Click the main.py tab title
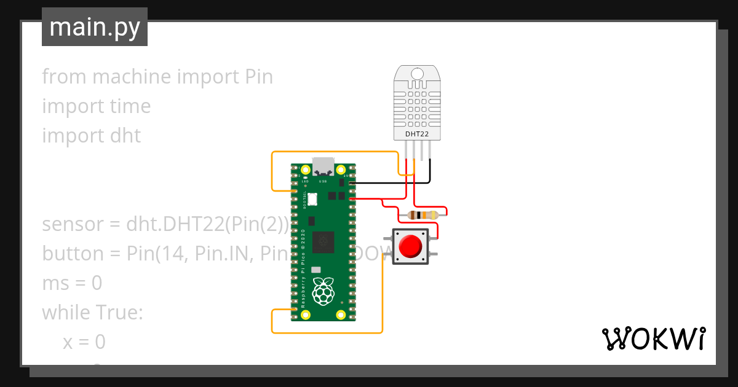tap(94, 27)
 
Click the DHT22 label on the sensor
tap(417, 133)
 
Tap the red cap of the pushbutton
tap(410, 246)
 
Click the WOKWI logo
tap(653, 338)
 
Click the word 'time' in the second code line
tap(130, 106)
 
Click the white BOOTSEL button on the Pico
tap(312, 198)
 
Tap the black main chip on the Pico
tap(323, 242)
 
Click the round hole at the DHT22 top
tap(417, 74)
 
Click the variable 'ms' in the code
tap(54, 283)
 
